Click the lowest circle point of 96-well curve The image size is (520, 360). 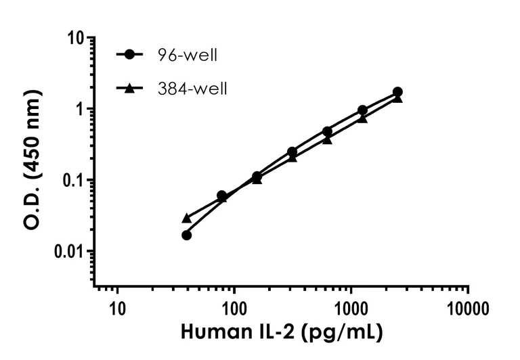(x=187, y=235)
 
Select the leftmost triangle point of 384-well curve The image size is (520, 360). (x=187, y=218)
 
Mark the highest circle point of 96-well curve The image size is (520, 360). (x=397, y=92)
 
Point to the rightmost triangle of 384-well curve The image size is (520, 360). (x=397, y=98)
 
